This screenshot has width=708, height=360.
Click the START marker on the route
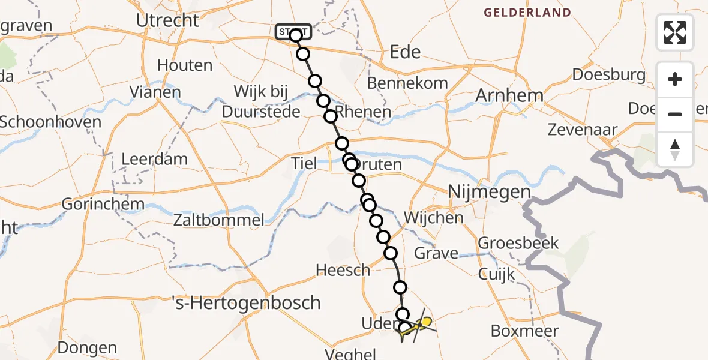(293, 31)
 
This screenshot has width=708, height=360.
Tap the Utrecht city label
(167, 20)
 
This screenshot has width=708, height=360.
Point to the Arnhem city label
(509, 95)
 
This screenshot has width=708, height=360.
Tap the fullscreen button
(675, 32)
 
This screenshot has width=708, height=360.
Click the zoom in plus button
(675, 79)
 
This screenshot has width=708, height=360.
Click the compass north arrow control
(675, 149)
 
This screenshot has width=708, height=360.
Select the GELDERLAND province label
(527, 13)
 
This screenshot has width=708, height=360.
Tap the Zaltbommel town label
(218, 220)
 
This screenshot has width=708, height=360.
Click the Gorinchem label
(104, 204)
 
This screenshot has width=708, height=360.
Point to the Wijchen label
(433, 217)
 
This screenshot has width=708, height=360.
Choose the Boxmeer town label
(524, 331)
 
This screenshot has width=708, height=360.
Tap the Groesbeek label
(518, 243)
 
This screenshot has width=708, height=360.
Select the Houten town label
(185, 65)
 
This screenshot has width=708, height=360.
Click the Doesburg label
(609, 75)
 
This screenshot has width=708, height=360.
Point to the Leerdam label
(154, 160)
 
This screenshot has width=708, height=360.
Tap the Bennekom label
(407, 83)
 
